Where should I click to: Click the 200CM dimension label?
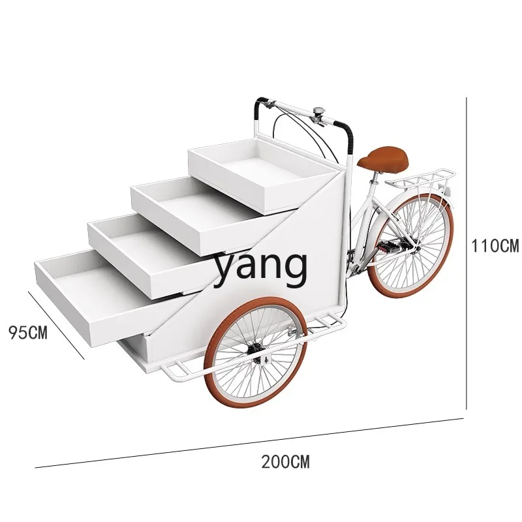pyautogui.click(x=285, y=463)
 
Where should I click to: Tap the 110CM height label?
pyautogui.click(x=496, y=246)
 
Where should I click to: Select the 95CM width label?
pyautogui.click(x=28, y=332)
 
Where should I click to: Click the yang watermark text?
pyautogui.click(x=261, y=266)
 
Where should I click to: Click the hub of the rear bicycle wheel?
pyautogui.click(x=410, y=246)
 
